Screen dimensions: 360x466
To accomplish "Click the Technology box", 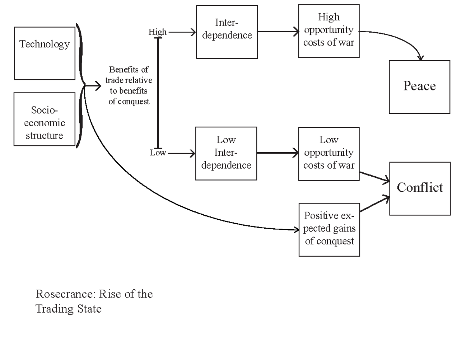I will point(45,53).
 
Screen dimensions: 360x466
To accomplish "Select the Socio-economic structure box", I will point(44,119).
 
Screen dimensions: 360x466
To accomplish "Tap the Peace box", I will point(419,87).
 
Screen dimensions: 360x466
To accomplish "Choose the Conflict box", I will point(420,188).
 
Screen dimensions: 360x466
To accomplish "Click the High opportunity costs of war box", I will point(329,31).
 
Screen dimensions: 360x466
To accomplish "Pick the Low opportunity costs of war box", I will point(329,153).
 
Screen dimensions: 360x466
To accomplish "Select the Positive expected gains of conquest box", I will point(329,229).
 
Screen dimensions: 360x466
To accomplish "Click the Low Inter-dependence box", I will point(226,153).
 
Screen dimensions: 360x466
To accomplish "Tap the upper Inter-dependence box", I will point(227,32).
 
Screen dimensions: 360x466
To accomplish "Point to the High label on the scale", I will point(157,32).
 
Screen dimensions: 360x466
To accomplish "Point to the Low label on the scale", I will point(158,153).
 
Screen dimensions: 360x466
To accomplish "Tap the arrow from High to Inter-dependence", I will point(182,32).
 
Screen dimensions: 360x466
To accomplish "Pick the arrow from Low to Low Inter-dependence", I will point(181,153).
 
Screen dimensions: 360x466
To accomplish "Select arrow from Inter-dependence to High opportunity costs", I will point(278,31).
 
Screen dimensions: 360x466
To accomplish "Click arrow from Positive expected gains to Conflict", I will point(374,204).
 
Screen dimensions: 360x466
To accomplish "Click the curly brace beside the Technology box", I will point(81,54).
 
